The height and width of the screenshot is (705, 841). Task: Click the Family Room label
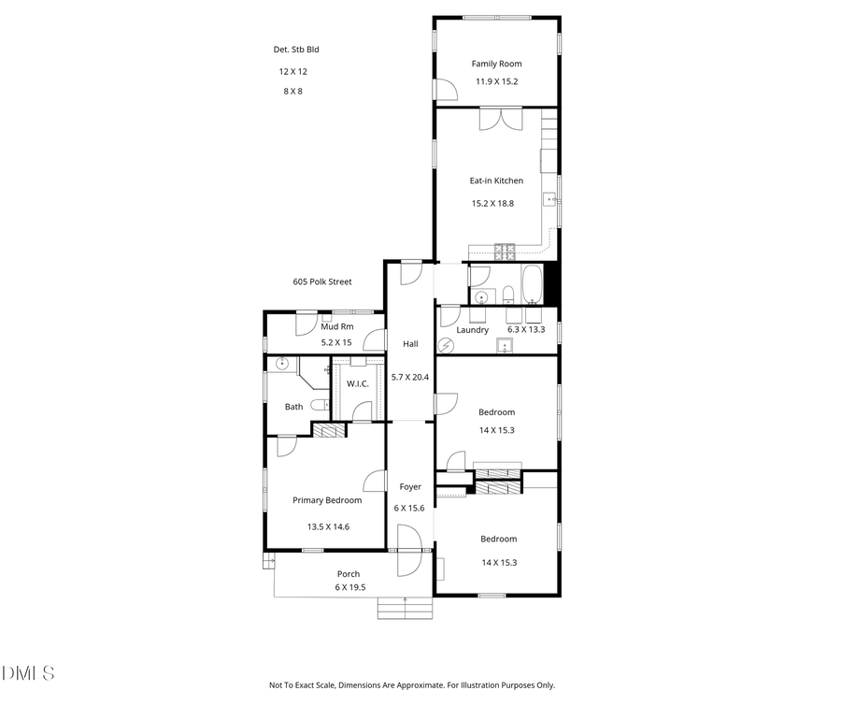[496, 64]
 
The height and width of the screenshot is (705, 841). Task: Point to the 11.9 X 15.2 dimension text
[496, 81]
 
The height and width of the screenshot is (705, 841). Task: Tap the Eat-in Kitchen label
[496, 180]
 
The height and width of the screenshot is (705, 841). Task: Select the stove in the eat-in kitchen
[505, 251]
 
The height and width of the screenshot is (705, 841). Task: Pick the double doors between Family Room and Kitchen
[502, 120]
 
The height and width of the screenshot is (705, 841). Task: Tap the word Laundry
[473, 329]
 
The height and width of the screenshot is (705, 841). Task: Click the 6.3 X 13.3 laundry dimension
[526, 329]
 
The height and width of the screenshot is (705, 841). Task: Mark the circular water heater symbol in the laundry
[446, 345]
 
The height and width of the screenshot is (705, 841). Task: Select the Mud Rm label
[336, 326]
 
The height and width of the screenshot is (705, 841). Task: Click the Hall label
[410, 344]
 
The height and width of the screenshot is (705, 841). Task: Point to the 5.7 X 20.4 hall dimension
[410, 377]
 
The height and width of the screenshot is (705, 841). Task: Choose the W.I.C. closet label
[358, 383]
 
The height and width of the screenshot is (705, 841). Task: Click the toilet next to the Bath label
[319, 405]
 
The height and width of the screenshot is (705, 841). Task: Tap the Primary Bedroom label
[327, 500]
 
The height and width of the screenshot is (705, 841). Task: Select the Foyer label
[410, 486]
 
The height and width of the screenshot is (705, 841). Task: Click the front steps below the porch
[405, 609]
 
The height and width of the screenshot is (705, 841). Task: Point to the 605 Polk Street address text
[322, 281]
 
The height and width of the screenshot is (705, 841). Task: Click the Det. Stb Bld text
[294, 50]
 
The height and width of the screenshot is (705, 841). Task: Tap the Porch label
[349, 574]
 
